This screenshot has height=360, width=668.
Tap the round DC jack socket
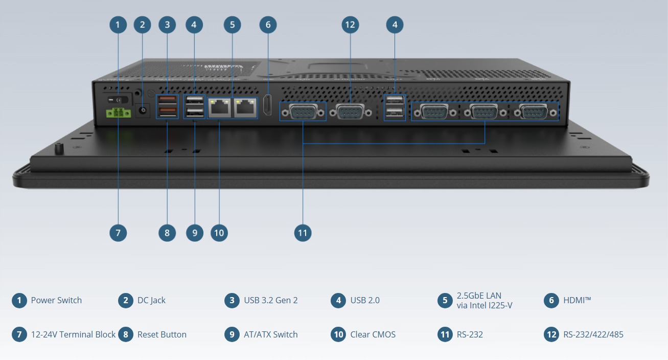[142, 110]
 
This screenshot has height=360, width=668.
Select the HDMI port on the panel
[267, 105]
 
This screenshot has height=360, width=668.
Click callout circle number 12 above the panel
[350, 24]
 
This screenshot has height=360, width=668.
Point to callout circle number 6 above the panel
[268, 24]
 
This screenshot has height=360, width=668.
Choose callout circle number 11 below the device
[303, 233]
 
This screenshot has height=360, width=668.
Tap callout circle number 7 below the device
[118, 233]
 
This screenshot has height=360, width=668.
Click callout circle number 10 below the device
[219, 233]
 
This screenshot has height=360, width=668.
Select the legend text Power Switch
[56, 300]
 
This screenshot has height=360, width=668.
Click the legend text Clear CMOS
[373, 334]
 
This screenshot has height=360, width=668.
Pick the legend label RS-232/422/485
[593, 334]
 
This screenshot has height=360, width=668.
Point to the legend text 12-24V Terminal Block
[73, 334]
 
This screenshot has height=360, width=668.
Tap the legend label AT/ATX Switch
[270, 334]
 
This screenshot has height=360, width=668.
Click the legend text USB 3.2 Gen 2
[270, 300]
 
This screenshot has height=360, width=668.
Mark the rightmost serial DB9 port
[533, 112]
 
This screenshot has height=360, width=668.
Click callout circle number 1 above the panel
[118, 24]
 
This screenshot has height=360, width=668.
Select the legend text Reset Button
[162, 334]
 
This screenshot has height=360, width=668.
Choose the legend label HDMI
[577, 300]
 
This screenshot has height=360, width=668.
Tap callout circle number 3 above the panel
[167, 24]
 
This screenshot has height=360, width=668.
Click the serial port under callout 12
[351, 112]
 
